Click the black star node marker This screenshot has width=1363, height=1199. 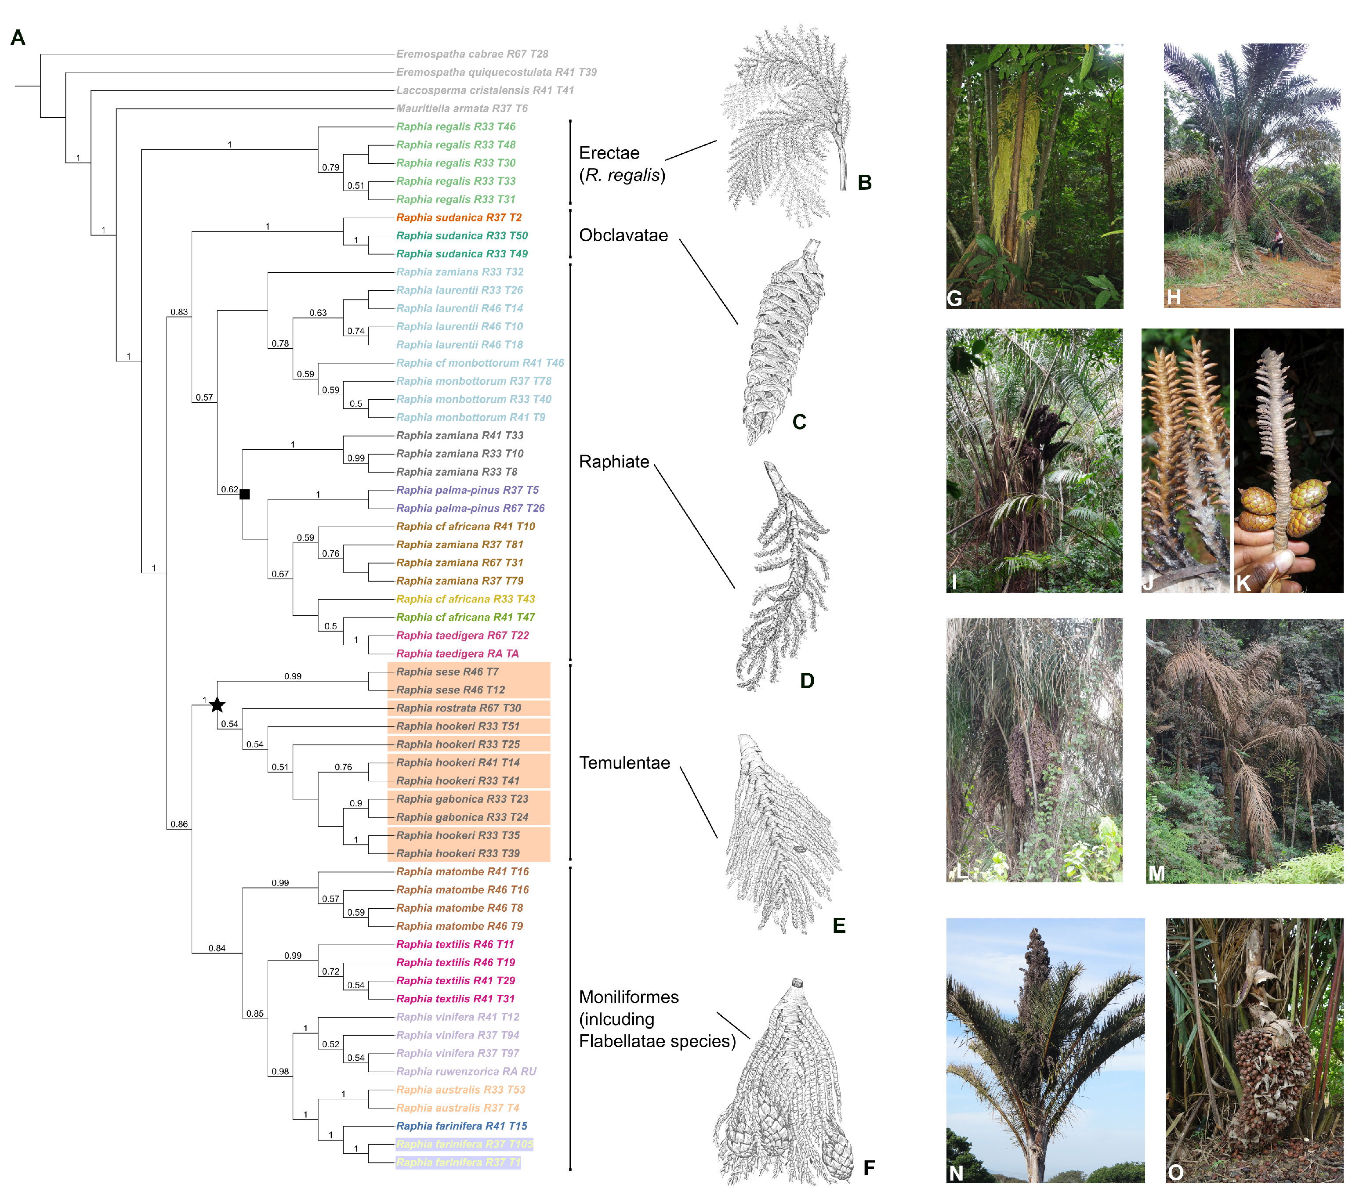217,704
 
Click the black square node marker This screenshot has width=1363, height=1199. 245,494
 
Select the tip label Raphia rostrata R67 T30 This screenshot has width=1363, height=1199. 458,708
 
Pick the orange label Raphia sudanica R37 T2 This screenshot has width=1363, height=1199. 458,217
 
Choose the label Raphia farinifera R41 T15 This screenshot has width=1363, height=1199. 461,1126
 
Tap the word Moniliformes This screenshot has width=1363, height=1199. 628,997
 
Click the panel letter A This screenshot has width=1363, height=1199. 18,37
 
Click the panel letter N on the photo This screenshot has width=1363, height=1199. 956,1173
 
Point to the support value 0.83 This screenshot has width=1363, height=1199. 179,312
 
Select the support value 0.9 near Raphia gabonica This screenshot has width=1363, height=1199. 356,803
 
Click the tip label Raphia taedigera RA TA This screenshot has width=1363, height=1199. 457,653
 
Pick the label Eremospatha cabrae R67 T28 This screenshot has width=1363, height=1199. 471,54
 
